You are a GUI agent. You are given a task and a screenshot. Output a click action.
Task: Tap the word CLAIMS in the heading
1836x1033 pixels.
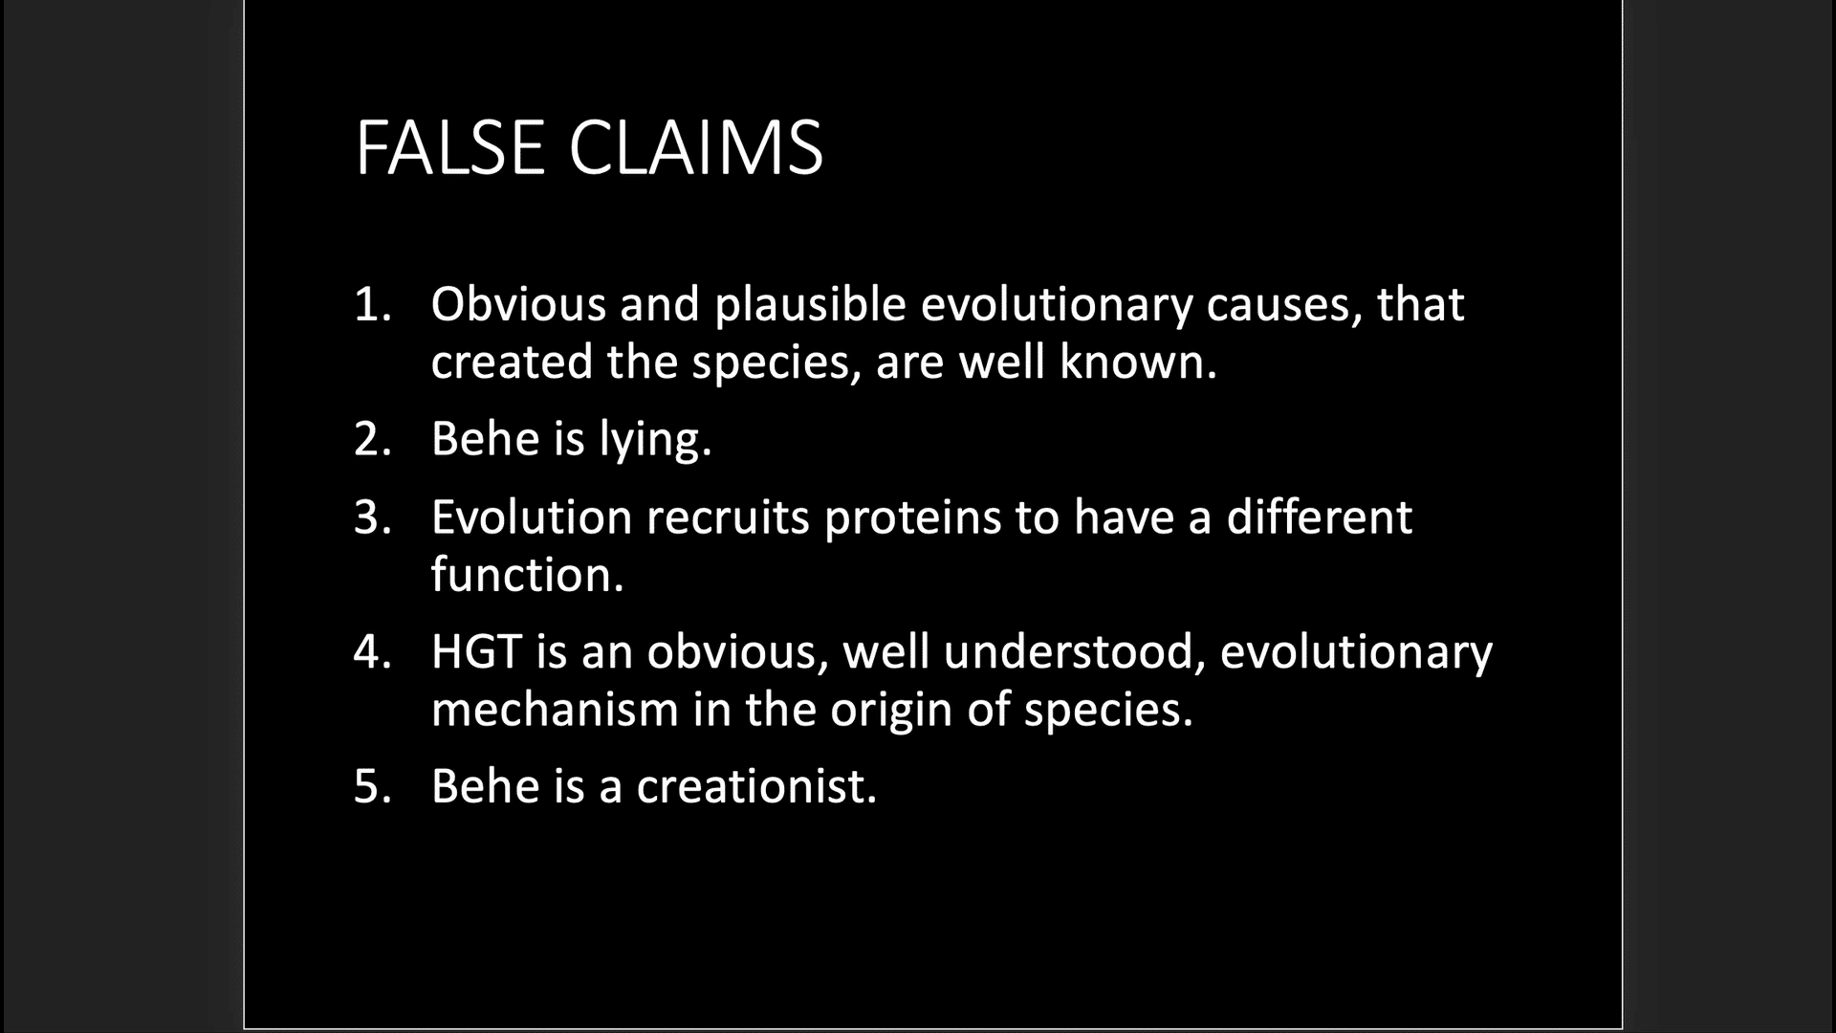pos(696,148)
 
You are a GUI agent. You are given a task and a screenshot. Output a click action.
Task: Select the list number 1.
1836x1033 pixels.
pos(372,305)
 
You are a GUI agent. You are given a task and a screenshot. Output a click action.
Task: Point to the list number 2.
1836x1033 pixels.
pos(372,439)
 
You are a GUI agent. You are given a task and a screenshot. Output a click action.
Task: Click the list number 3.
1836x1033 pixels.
pos(372,517)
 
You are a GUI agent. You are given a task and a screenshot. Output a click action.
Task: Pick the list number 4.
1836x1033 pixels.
pos(372,652)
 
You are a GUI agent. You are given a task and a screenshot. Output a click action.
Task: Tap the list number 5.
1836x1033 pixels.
pos(372,786)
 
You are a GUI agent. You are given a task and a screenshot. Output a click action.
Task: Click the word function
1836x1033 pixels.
pos(527,574)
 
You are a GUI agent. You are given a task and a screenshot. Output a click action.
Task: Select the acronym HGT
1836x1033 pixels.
pos(476,651)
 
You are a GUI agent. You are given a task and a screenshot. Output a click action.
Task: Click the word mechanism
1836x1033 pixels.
pos(555,709)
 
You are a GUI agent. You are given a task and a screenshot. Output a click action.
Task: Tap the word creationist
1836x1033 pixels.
pos(756,786)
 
